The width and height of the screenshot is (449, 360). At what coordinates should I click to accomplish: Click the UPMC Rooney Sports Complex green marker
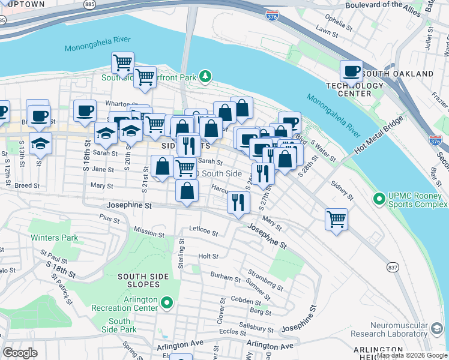pyautogui.click(x=379, y=198)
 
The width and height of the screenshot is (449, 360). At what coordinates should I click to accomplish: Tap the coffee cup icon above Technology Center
pyautogui.click(x=352, y=71)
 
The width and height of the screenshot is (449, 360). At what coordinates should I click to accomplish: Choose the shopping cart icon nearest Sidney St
pyautogui.click(x=336, y=218)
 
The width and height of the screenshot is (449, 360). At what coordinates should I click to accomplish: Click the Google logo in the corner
pyautogui.click(x=20, y=352)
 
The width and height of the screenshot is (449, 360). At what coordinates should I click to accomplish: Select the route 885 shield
pyautogui.click(x=89, y=4)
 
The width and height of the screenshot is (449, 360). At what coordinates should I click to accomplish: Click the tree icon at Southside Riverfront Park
pyautogui.click(x=206, y=76)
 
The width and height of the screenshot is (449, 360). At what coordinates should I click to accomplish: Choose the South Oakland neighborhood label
pyautogui.click(x=398, y=73)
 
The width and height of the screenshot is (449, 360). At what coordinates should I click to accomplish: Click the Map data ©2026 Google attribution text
pyautogui.click(x=412, y=355)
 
